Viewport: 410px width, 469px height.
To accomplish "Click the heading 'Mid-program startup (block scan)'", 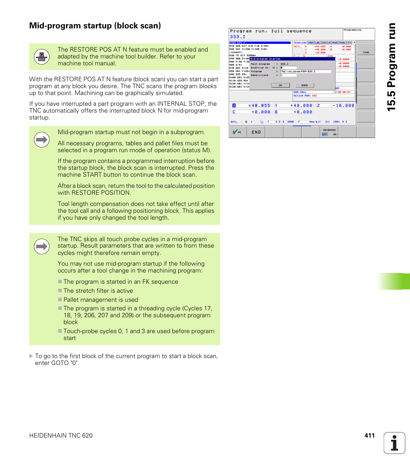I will coord(95,26).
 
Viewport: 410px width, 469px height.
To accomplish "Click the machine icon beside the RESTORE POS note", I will coord(42,56).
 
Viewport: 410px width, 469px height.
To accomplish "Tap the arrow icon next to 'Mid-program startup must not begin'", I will coord(42,140).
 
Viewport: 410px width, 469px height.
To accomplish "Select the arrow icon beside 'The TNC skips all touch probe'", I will coord(42,246).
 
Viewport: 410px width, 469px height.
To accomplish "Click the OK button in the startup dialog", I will coord(280,85).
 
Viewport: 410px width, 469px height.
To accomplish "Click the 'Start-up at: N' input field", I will coord(288,67).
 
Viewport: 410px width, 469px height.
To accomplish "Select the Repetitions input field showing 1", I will coord(288,75).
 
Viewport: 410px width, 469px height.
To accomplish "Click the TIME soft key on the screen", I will coord(366,50).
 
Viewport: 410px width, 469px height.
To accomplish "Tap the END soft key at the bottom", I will coord(256,132).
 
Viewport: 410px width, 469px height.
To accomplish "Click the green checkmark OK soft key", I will coord(237,132).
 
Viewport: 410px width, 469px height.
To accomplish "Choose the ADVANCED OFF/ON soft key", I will coord(329,132).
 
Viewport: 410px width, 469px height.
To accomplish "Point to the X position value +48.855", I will coord(259,105).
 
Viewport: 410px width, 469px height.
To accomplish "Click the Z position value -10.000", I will coord(343,105).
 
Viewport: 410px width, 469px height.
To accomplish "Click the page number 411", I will coord(370,435).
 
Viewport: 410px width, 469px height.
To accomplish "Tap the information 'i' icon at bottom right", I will coord(395,443).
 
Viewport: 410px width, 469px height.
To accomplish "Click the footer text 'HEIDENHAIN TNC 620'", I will coord(61,435).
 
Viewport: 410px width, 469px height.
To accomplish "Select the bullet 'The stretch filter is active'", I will coord(98,291).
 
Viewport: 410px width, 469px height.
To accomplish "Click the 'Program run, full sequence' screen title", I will coord(270,31).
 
